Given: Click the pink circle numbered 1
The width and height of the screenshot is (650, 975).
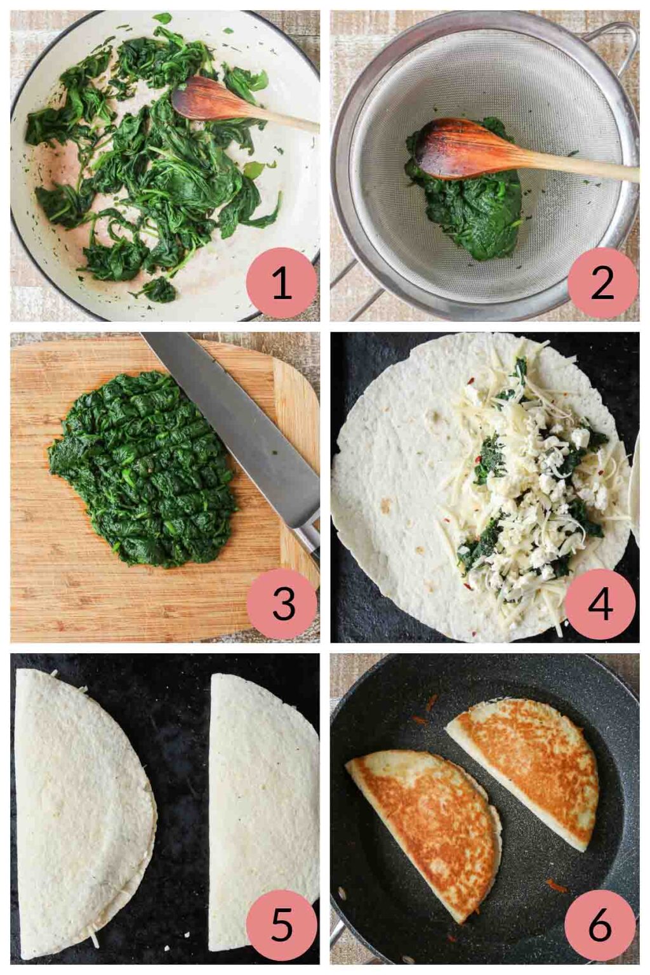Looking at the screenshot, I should tap(281, 283).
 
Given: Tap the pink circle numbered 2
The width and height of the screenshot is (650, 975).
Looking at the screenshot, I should tap(602, 283).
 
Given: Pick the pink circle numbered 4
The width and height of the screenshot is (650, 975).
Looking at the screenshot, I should tap(599, 604).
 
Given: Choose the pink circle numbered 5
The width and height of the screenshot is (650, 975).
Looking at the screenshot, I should tap(281, 925).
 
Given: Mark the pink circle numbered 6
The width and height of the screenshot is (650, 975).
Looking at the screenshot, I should tap(599, 925).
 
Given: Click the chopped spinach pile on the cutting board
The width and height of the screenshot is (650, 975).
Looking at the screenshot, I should tap(143, 470).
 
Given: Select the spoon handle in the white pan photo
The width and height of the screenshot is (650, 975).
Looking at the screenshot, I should tap(286, 121).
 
